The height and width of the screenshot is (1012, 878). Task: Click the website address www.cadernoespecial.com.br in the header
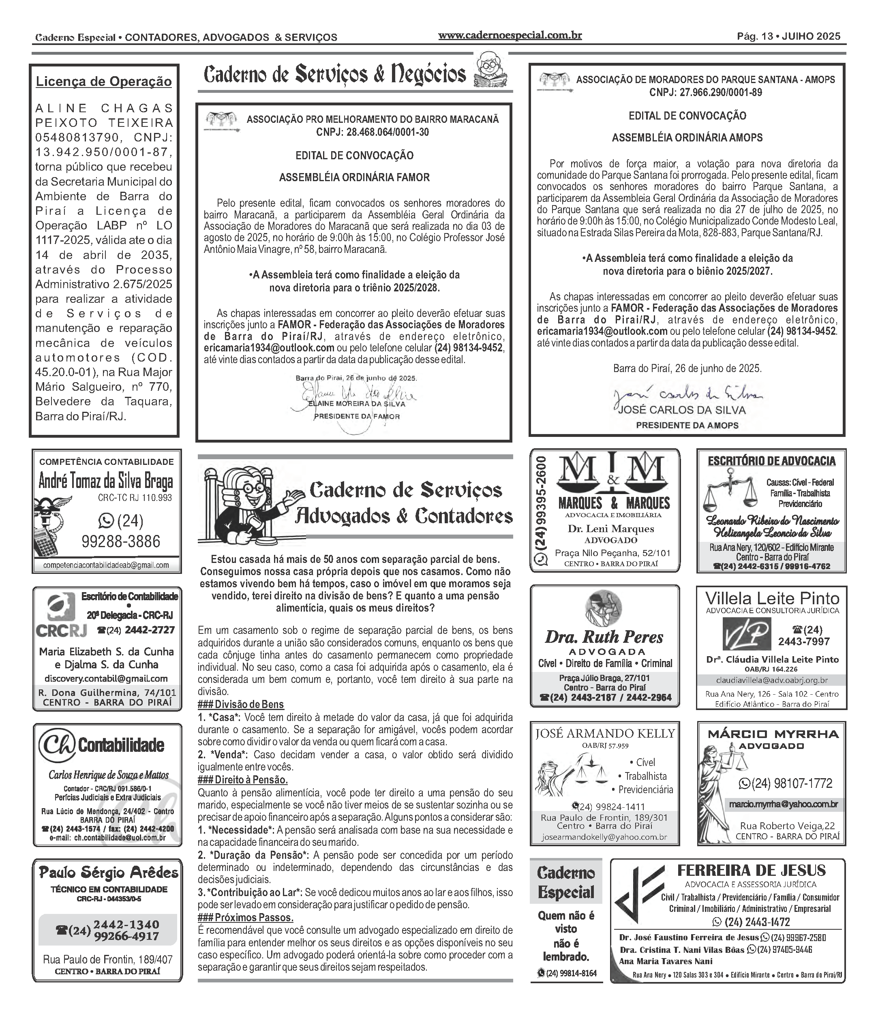point(510,35)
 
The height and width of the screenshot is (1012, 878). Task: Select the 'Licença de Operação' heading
point(104,81)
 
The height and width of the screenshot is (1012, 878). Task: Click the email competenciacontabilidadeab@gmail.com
point(106,565)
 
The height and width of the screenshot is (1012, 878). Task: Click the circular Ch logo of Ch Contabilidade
point(57,746)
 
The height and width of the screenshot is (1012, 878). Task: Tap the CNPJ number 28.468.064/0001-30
point(373,132)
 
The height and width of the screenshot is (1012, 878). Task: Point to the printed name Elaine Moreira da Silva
point(356,404)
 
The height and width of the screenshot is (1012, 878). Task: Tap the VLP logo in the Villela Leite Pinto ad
point(746,634)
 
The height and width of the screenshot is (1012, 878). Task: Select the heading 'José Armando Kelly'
point(605,733)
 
